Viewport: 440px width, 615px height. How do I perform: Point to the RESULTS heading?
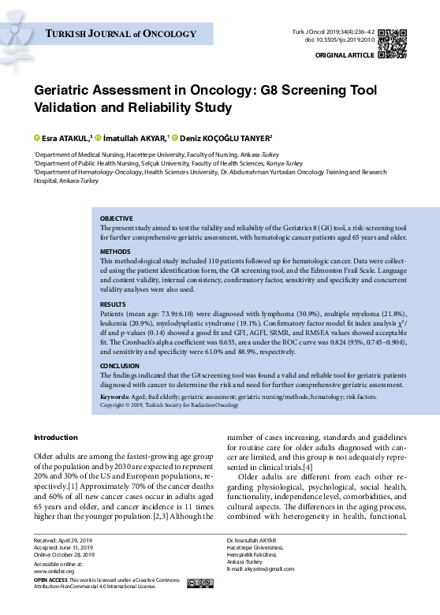[114, 304]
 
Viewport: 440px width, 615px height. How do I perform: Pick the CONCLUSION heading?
[121, 367]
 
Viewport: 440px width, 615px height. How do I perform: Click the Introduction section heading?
[55, 437]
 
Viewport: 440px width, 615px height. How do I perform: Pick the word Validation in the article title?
[69, 106]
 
